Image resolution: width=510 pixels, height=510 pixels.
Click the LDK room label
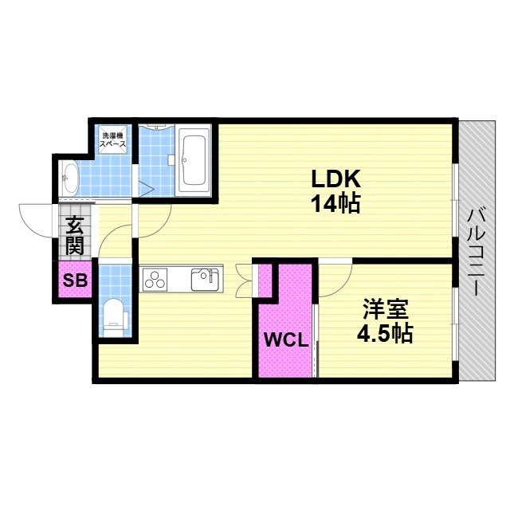click(x=336, y=178)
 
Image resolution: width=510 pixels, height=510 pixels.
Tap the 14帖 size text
click(x=336, y=204)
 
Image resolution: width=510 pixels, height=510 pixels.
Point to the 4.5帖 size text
click(x=385, y=333)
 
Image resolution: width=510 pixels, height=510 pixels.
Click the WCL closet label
click(x=286, y=340)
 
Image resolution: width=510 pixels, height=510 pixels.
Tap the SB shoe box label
click(x=75, y=280)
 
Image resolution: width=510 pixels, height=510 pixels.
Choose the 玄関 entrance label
click(x=75, y=235)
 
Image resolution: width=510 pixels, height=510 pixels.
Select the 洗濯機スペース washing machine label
click(x=112, y=140)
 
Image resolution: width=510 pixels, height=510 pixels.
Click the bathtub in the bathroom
click(x=194, y=161)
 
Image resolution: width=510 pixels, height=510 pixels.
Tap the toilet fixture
click(x=114, y=317)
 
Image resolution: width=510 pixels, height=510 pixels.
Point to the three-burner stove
click(x=154, y=280)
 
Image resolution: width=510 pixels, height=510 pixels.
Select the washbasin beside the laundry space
click(x=71, y=178)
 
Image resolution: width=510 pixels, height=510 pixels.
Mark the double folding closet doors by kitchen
click(x=244, y=280)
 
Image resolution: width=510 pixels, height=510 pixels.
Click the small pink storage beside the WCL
click(x=265, y=280)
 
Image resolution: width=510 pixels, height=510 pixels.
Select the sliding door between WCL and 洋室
click(x=314, y=340)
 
